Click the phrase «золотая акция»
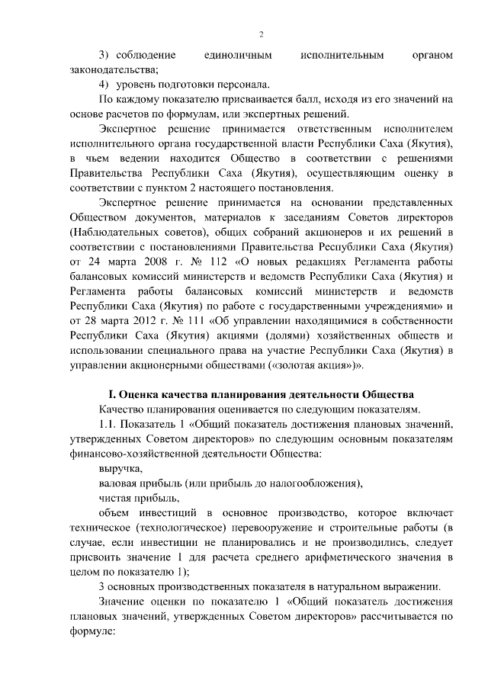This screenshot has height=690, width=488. pos(313,364)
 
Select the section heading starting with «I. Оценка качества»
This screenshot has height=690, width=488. pos(261,395)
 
